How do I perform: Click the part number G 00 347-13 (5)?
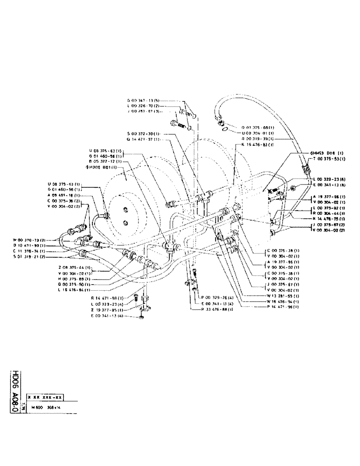click(143, 101)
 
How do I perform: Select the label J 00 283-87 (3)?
click(143, 111)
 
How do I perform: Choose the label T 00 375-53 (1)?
click(329, 158)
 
